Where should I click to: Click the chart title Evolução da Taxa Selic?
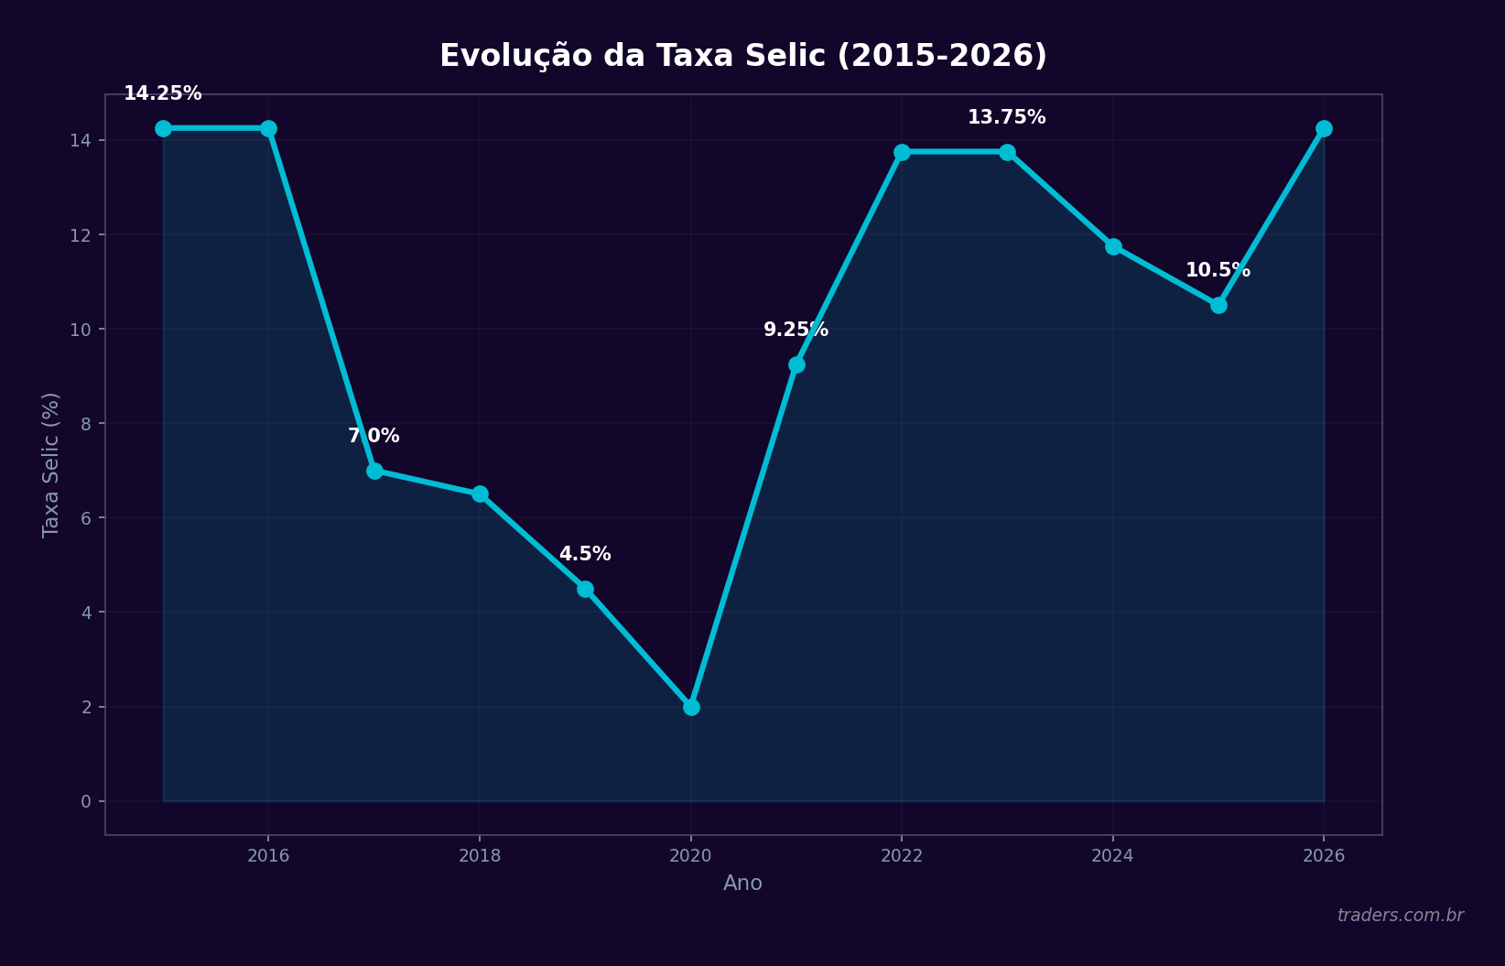(x=742, y=56)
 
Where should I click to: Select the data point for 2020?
(x=691, y=707)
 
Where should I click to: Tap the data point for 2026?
(x=1324, y=128)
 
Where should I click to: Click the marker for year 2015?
(x=163, y=128)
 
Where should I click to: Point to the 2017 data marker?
(x=374, y=471)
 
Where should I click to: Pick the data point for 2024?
(x=1113, y=246)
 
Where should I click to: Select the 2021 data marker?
(x=796, y=364)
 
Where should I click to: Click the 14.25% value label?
(x=163, y=93)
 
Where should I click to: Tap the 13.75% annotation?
(x=1006, y=117)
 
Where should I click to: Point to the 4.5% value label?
(x=585, y=554)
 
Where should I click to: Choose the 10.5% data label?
(x=1218, y=270)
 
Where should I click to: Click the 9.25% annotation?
(x=796, y=330)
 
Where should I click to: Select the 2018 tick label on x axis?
(x=480, y=856)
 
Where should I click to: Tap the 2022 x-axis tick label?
(x=902, y=856)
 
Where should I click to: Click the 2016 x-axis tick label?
(x=268, y=856)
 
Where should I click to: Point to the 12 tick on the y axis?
(x=82, y=234)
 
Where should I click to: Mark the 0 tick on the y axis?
(x=86, y=801)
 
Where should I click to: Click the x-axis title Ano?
(x=742, y=884)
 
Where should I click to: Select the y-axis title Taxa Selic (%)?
(x=51, y=464)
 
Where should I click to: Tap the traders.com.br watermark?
(x=1400, y=916)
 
